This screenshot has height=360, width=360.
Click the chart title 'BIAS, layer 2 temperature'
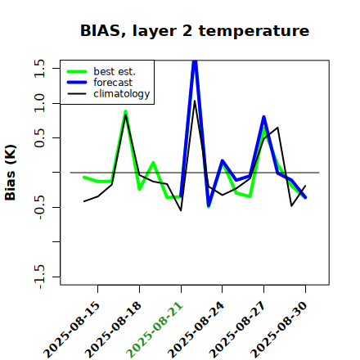coord(195,31)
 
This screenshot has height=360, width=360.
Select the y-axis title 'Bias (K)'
coord(11,173)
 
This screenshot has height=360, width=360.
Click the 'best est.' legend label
coord(115,71)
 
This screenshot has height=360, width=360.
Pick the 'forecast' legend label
coord(113,83)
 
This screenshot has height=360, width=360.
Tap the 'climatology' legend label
coord(122,94)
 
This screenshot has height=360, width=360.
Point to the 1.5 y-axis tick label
coord(39,68)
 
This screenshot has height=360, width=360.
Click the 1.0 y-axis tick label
coord(39,103)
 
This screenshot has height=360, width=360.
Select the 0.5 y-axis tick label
coord(39,138)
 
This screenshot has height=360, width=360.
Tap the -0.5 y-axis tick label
coord(39,207)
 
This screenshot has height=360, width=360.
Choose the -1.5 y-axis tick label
coord(39,277)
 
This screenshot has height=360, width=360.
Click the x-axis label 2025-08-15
coord(72,330)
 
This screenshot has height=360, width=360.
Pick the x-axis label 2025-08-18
coord(114,330)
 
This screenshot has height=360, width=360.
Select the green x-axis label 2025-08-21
coord(155,330)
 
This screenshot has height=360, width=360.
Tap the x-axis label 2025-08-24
coord(196,330)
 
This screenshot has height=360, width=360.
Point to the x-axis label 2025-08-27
coord(238,330)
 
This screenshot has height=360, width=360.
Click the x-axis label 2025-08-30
coord(280,330)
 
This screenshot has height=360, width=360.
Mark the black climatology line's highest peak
coord(195,101)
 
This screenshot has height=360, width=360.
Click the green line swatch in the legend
coord(77,71)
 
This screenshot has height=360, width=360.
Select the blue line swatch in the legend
coord(77,83)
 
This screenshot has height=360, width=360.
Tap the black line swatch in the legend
coord(77,94)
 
